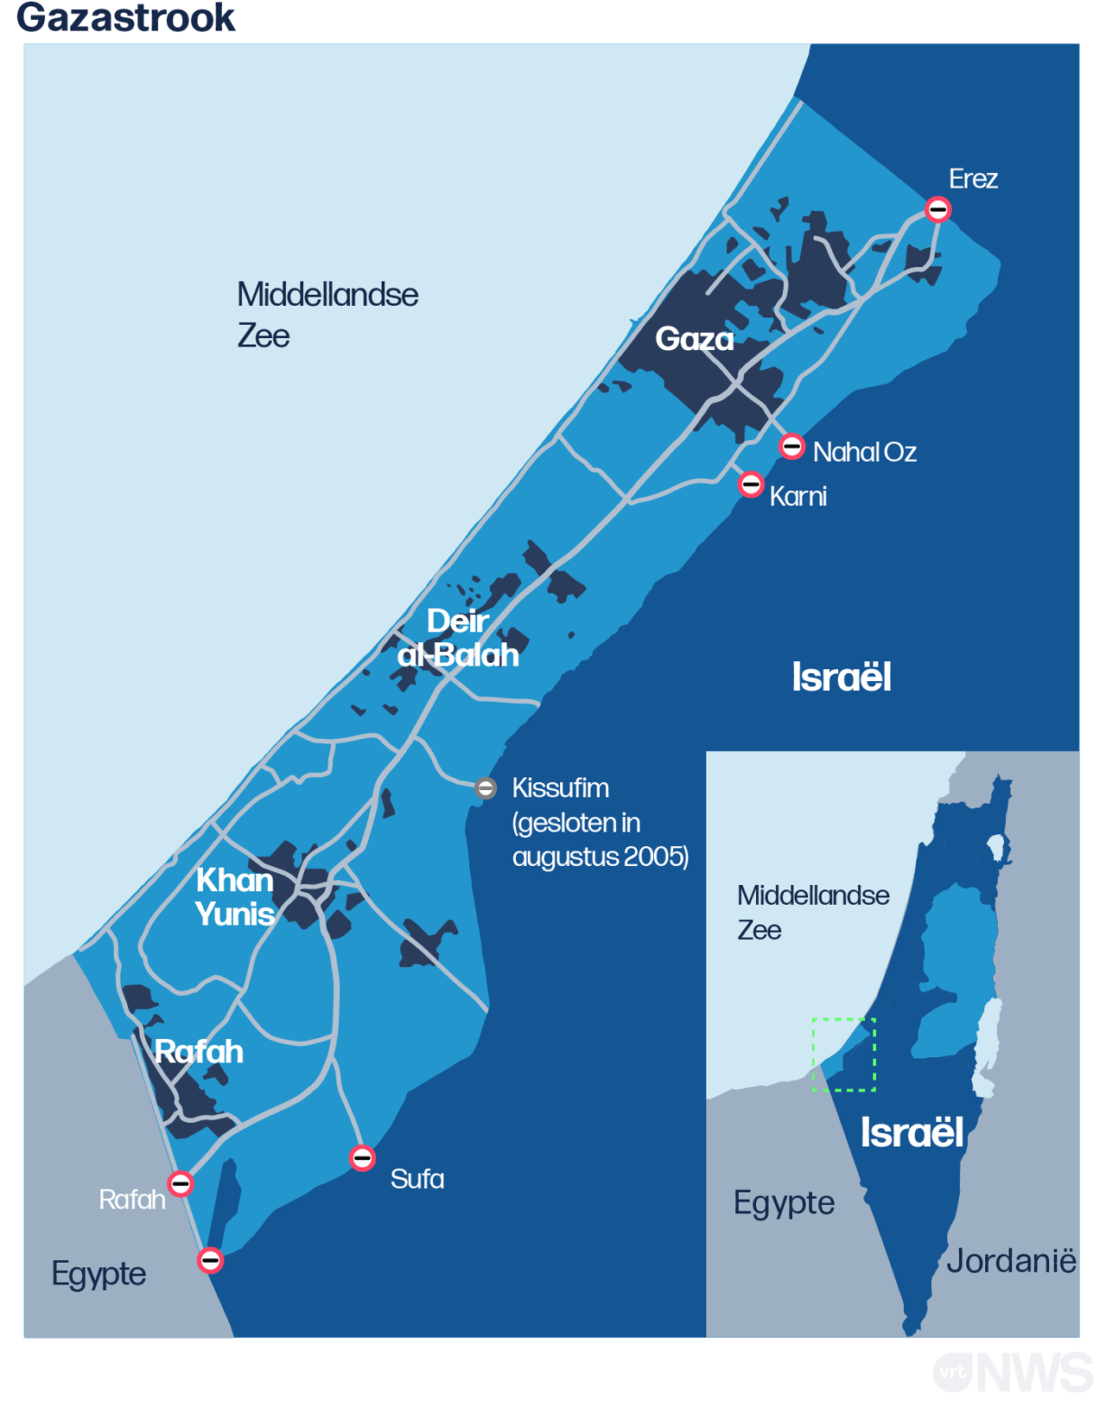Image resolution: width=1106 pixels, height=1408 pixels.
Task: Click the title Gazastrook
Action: coord(126,17)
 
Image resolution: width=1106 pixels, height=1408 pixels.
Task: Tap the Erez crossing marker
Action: coord(938,209)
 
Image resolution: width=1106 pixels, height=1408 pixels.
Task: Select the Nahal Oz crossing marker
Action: coord(791,447)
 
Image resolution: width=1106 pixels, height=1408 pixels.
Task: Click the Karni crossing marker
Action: coord(751,484)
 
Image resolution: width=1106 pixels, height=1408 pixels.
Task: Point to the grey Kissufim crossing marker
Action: coord(486,787)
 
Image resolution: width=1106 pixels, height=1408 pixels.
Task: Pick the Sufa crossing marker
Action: coord(362,1157)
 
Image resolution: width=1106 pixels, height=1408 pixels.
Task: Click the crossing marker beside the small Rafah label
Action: coord(181,1182)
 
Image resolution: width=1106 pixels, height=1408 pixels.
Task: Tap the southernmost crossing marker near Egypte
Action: coord(210,1260)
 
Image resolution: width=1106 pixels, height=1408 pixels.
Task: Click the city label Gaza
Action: coord(695,339)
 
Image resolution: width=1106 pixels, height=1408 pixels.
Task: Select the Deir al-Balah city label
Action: coord(458,638)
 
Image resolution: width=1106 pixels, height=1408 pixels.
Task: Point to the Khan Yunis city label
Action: coord(234,896)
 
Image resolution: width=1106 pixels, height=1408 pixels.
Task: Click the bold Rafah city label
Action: coord(199,1051)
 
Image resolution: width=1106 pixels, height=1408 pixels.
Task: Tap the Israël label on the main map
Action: coord(841,677)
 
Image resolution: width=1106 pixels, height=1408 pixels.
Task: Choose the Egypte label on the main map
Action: coord(99,1273)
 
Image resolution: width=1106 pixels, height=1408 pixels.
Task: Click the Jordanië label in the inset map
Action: coord(1011,1261)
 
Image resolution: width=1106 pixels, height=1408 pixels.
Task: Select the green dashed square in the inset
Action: coord(843,1054)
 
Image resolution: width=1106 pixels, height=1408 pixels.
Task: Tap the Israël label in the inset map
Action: coord(912,1132)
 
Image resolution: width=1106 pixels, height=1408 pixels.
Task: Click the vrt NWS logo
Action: coord(1012,1373)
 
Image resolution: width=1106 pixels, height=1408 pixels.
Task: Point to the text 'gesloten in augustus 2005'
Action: coord(601,839)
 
